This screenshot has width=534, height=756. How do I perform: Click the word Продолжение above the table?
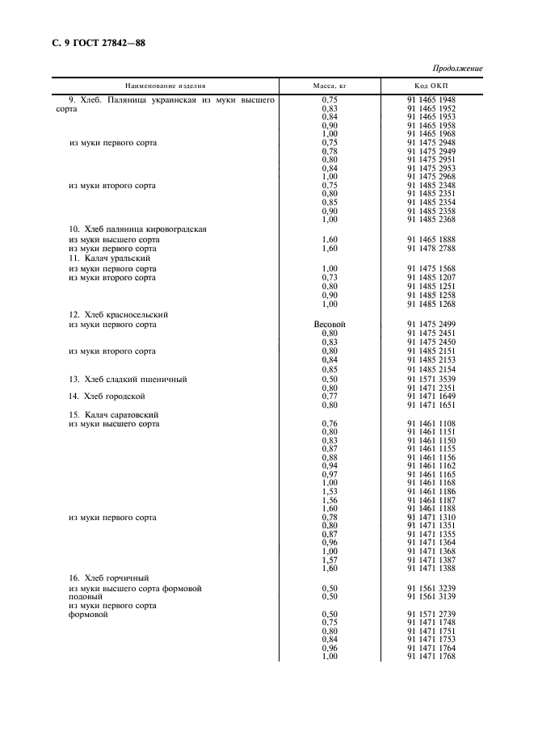pyautogui.click(x=458, y=68)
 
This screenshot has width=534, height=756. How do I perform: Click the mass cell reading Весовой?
pyautogui.click(x=330, y=324)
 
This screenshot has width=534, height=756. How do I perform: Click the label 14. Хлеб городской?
pyautogui.click(x=107, y=396)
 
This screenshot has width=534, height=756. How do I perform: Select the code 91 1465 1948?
pyautogui.click(x=431, y=99)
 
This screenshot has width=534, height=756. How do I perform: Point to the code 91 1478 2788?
pyautogui.click(x=431, y=249)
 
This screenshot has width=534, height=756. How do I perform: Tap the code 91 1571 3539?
pyautogui.click(x=431, y=378)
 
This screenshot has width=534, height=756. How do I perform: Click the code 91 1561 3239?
pyautogui.click(x=431, y=588)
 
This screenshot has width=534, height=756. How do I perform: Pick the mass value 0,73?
pyautogui.click(x=330, y=278)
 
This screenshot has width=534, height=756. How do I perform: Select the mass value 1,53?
pyautogui.click(x=330, y=491)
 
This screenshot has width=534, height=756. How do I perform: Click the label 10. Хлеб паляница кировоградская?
pyautogui.click(x=138, y=229)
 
